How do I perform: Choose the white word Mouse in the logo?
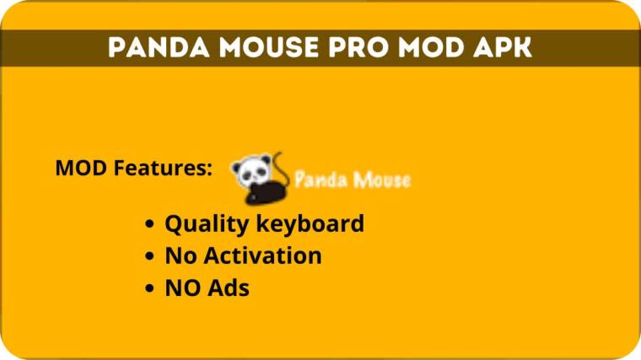(x=380, y=180)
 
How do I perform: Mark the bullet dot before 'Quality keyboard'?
(x=149, y=225)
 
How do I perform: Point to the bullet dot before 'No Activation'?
(x=149, y=256)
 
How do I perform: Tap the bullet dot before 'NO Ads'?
(x=149, y=288)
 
